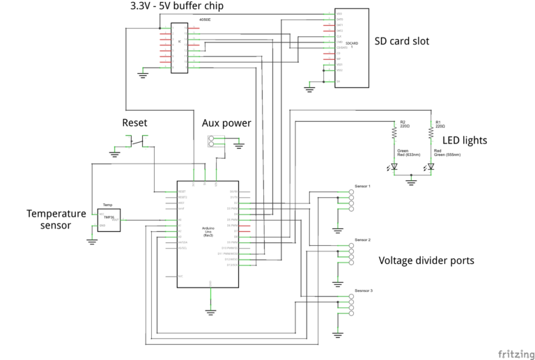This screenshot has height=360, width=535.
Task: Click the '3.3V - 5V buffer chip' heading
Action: coord(187,6)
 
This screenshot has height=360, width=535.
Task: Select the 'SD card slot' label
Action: coord(402,42)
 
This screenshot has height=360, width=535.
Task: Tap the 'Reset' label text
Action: coord(134,123)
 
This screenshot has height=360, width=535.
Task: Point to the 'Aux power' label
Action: coord(226,123)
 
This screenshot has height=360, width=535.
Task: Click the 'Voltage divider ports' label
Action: coord(426,260)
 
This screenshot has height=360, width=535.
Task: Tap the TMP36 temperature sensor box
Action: coord(109,219)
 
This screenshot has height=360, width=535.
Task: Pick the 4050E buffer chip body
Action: coord(180,47)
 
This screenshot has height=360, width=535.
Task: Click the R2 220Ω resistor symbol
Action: coord(394,133)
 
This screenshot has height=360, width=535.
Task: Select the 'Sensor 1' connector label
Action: coord(363,187)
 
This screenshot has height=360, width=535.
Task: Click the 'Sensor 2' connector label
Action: coord(363,240)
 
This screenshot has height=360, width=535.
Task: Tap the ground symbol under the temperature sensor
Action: coord(91,241)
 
